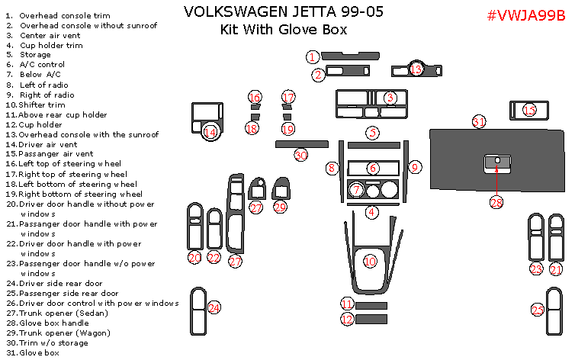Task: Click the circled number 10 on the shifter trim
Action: pyautogui.click(x=370, y=261)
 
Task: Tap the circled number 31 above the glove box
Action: pyautogui.click(x=479, y=122)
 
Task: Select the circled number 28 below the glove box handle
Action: pyautogui.click(x=496, y=202)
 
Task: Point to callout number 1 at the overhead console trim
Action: pyautogui.click(x=313, y=56)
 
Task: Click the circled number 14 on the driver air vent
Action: pyautogui.click(x=210, y=132)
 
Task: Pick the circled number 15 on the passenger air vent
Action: pyautogui.click(x=529, y=111)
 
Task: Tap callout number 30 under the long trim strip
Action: pyautogui.click(x=301, y=155)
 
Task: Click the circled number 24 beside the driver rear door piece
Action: pyautogui.click(x=214, y=307)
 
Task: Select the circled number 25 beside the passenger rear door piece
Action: pyautogui.click(x=538, y=310)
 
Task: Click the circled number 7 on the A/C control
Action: pyautogui.click(x=355, y=189)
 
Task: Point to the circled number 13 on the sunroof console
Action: pyautogui.click(x=416, y=69)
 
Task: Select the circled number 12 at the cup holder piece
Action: pyautogui.click(x=348, y=320)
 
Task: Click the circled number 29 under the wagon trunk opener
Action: pyautogui.click(x=280, y=207)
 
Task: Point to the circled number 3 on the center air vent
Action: pyautogui.click(x=390, y=98)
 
